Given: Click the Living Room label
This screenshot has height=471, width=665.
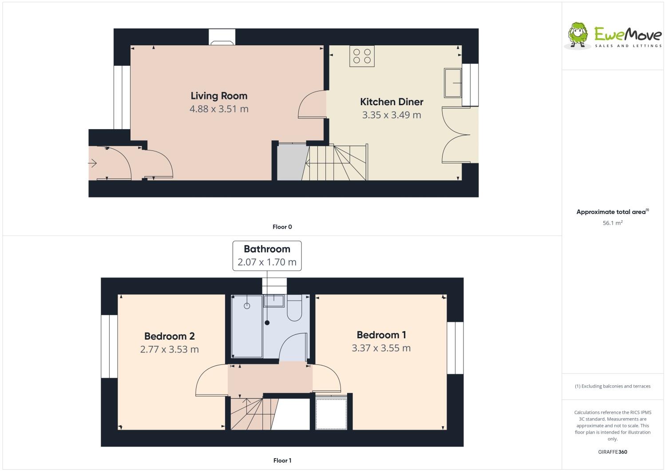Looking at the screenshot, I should tap(219, 96).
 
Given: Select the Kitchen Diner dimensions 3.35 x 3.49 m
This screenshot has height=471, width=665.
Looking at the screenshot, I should tap(392, 115).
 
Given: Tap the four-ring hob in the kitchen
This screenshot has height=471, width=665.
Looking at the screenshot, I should tap(362, 56).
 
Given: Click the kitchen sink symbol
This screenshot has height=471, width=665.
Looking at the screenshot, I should tap(453, 83).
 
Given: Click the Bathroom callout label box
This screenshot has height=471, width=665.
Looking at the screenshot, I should tap(267, 256).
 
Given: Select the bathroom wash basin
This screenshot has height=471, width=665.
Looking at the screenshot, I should tap(274, 301).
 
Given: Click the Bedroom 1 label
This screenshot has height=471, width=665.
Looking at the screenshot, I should tap(381, 335).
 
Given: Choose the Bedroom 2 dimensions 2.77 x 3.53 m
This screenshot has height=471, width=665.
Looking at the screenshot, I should tap(169, 349).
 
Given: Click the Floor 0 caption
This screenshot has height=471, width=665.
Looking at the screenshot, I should tap(282, 227).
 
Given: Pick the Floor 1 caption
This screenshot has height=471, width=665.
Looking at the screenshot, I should tap(282, 460).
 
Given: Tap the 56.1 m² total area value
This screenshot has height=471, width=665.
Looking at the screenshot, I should tap(612, 223).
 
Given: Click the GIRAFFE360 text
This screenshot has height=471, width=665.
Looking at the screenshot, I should tap(613, 452).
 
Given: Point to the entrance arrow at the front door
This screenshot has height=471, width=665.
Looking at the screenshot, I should tap(93, 163).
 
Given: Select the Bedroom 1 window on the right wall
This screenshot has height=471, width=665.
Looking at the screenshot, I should tap(455, 348).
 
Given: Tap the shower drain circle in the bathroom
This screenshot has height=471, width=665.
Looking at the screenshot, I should tap(247, 306).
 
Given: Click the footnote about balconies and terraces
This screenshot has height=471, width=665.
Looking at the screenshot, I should tap(613, 386).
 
